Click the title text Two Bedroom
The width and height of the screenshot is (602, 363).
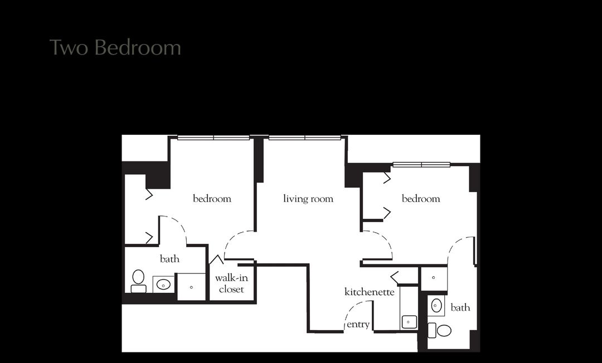(x=115, y=47)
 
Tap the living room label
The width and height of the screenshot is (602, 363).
(x=308, y=199)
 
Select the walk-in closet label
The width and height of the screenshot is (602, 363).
(x=231, y=283)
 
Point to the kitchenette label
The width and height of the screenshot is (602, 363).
(x=370, y=292)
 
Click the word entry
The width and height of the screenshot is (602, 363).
(x=358, y=325)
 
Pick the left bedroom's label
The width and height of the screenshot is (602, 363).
(x=212, y=199)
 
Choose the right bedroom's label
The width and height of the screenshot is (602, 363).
(x=421, y=199)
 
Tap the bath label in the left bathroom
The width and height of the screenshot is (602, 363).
(x=169, y=259)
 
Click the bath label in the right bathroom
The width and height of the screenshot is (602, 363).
(x=460, y=307)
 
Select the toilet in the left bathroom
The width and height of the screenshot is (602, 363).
(x=138, y=281)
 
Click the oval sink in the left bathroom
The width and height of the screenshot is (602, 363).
(x=163, y=284)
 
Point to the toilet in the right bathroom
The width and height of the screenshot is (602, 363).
(x=440, y=330)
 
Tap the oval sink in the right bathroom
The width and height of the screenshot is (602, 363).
(x=436, y=306)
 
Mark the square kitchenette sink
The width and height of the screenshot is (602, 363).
(x=409, y=322)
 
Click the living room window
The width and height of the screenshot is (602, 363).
(x=305, y=138)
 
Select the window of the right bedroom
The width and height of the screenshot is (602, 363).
(x=421, y=165)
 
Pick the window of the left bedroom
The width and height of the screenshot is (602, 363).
(x=213, y=138)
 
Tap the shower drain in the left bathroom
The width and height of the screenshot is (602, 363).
(x=191, y=287)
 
